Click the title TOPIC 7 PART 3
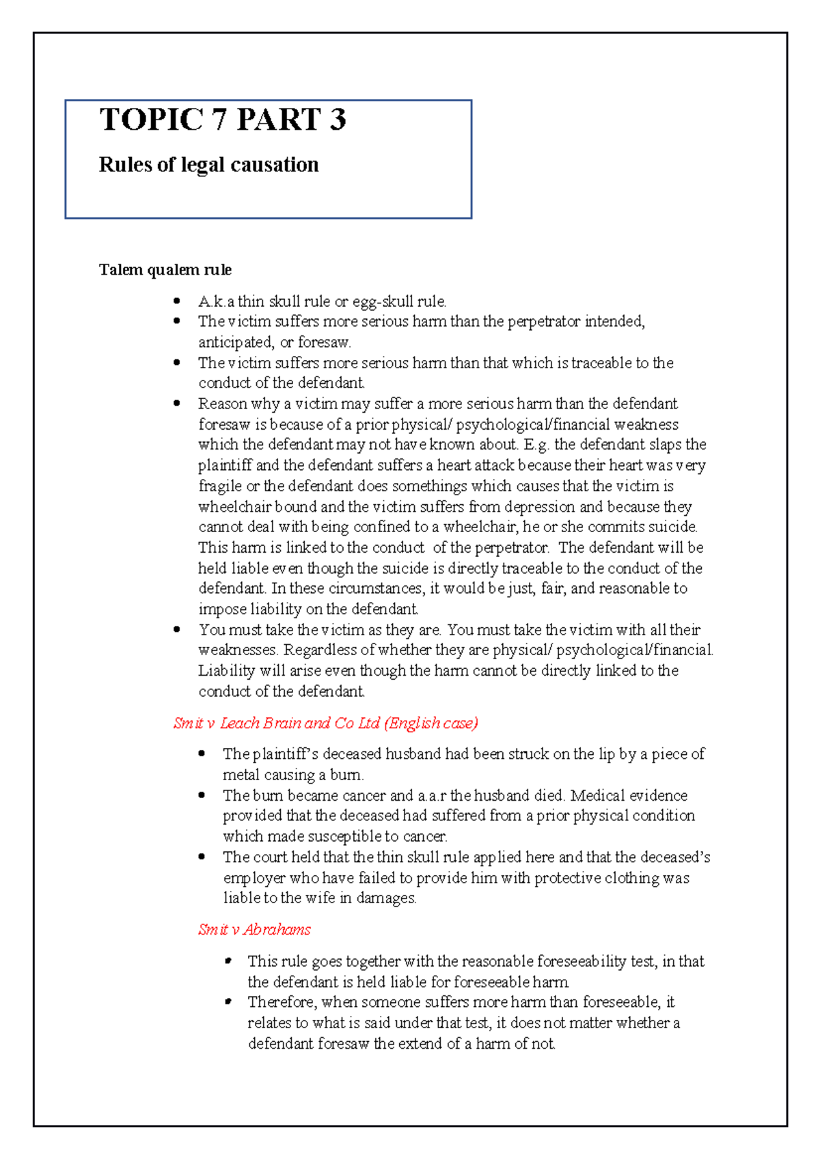coord(223,120)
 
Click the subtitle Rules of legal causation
coord(208,165)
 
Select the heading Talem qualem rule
coord(165,270)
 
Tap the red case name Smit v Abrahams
coord(254,930)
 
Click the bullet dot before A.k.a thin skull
coord(178,300)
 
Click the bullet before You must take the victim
coord(178,629)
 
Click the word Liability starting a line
coord(226,671)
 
